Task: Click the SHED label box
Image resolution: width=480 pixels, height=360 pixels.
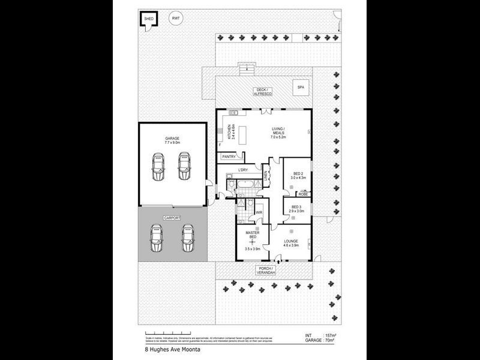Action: (149, 19)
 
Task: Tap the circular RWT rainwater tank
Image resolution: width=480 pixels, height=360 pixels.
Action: (176, 19)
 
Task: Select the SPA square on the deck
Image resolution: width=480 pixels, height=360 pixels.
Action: (299, 88)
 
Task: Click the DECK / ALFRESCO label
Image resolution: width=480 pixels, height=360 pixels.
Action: (262, 92)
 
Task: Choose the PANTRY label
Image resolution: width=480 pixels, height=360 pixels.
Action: (229, 157)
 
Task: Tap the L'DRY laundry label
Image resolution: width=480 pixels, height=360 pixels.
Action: (242, 170)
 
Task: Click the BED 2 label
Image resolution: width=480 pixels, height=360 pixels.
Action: (298, 175)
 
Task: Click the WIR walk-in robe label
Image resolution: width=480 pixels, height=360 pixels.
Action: (259, 212)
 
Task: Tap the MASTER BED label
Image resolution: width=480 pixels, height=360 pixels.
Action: (252, 236)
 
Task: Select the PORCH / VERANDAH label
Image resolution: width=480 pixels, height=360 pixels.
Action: (266, 270)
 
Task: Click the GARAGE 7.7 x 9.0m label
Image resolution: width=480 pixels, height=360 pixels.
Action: (172, 140)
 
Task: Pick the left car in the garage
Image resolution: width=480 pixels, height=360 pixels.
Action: (158, 166)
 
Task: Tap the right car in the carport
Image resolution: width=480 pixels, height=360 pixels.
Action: (188, 238)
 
